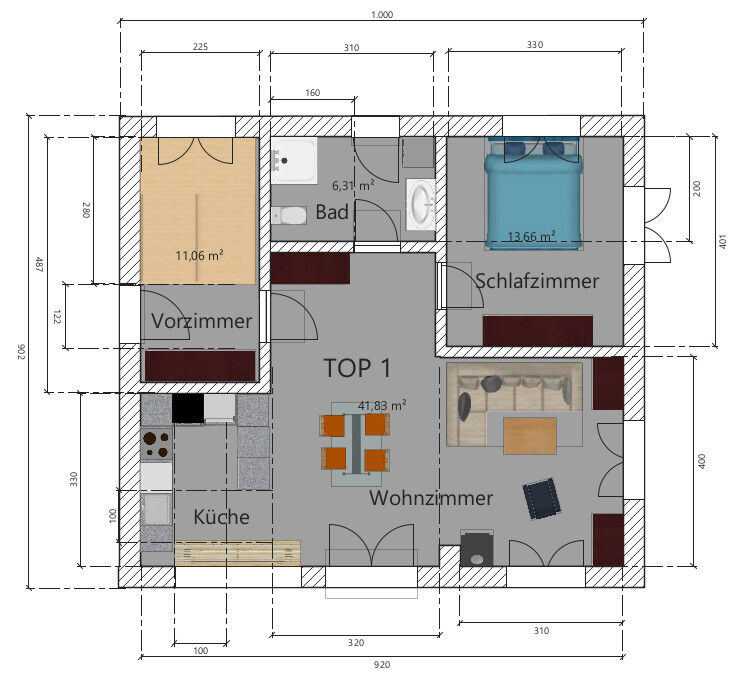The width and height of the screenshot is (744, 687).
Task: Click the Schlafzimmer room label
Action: point(537,281)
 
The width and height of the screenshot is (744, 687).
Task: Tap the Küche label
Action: point(221,517)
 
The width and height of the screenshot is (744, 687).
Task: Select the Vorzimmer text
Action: point(202,321)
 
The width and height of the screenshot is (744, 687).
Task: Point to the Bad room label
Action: point(332,212)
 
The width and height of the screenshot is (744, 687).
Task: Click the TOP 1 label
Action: point(358,368)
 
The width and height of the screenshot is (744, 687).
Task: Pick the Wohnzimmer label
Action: point(431,498)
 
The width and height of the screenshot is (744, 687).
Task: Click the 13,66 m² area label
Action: point(531,236)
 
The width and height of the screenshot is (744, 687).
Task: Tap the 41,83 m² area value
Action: point(382,405)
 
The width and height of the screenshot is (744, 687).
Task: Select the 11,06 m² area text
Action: point(199,255)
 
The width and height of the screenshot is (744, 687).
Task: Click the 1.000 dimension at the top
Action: point(382,14)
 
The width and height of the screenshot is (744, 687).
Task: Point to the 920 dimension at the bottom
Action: point(382,664)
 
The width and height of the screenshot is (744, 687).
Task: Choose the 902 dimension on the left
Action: point(21,352)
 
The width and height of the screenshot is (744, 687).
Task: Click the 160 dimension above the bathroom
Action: point(312,93)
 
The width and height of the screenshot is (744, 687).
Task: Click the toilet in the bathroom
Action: point(289,216)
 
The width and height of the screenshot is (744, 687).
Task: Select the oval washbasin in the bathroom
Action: point(420,204)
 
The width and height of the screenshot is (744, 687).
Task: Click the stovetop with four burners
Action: point(156,444)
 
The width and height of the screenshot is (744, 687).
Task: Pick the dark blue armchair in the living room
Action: point(541,499)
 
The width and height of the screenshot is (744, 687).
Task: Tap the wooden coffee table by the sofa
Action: point(530,436)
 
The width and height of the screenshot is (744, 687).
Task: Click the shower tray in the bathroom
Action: point(294,160)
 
